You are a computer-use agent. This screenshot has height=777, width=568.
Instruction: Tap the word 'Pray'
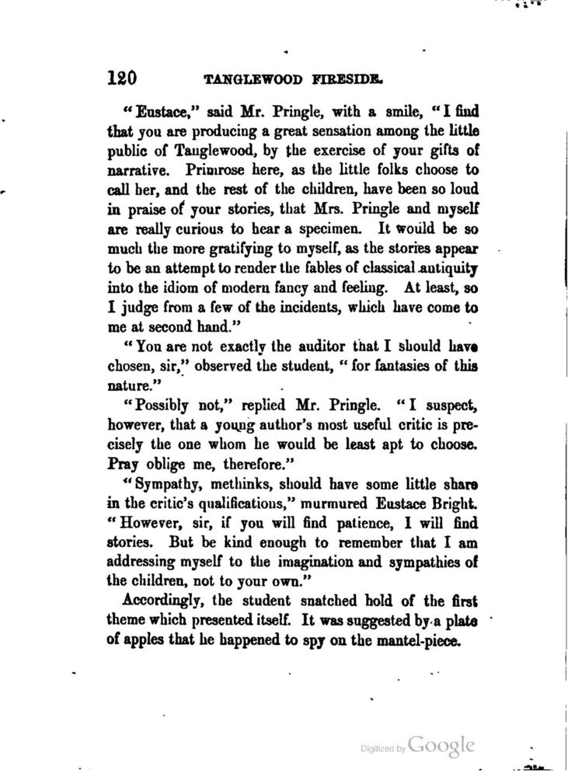tap(122, 464)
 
